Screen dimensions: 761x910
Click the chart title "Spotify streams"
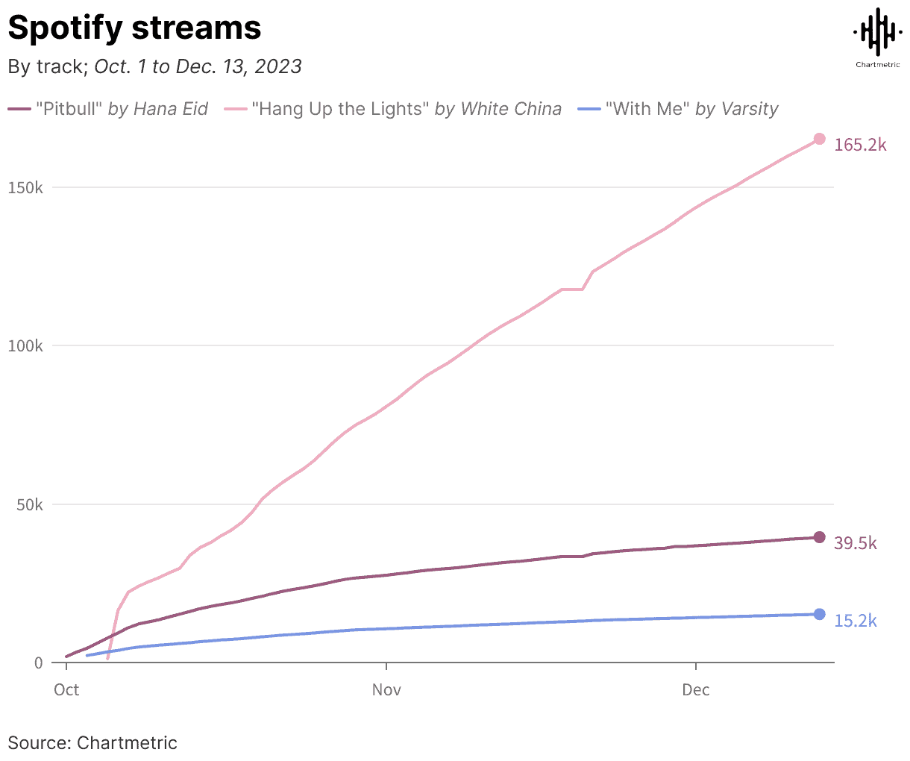point(134,28)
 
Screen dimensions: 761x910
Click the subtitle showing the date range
point(154,66)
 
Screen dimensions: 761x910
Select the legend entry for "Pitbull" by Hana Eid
point(108,109)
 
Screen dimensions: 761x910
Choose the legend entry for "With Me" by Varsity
point(679,109)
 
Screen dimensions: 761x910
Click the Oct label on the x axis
point(66,689)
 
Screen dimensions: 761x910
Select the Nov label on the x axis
point(386,689)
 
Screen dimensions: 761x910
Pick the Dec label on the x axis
point(696,689)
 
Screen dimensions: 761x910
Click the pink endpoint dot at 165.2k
point(819,139)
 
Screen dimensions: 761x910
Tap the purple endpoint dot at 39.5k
point(819,537)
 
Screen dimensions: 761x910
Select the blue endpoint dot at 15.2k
point(819,614)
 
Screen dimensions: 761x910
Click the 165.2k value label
point(860,145)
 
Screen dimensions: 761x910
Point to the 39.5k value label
point(856,543)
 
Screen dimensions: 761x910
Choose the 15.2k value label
point(856,620)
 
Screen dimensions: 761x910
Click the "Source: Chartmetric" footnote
point(92,742)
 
